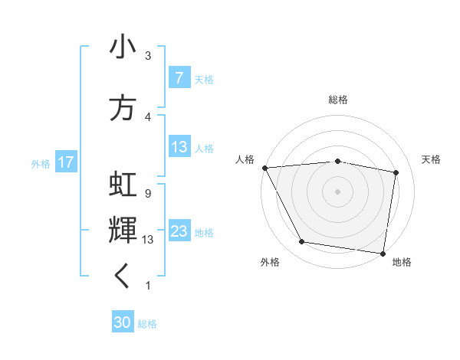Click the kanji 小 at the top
click(123, 47)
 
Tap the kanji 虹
click(123, 186)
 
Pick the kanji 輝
click(123, 230)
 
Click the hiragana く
click(122, 277)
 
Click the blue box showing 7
click(179, 78)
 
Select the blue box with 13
click(179, 148)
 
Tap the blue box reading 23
click(179, 232)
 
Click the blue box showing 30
click(123, 323)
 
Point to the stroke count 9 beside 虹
click(147, 193)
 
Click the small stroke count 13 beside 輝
click(149, 239)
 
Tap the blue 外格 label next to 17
click(41, 163)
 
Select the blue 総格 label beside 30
click(147, 324)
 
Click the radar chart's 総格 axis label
click(338, 100)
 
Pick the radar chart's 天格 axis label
click(432, 159)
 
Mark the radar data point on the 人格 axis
click(264, 168)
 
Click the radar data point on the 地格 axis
click(383, 253)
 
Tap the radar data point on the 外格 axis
click(302, 242)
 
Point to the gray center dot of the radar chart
click(338, 191)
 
